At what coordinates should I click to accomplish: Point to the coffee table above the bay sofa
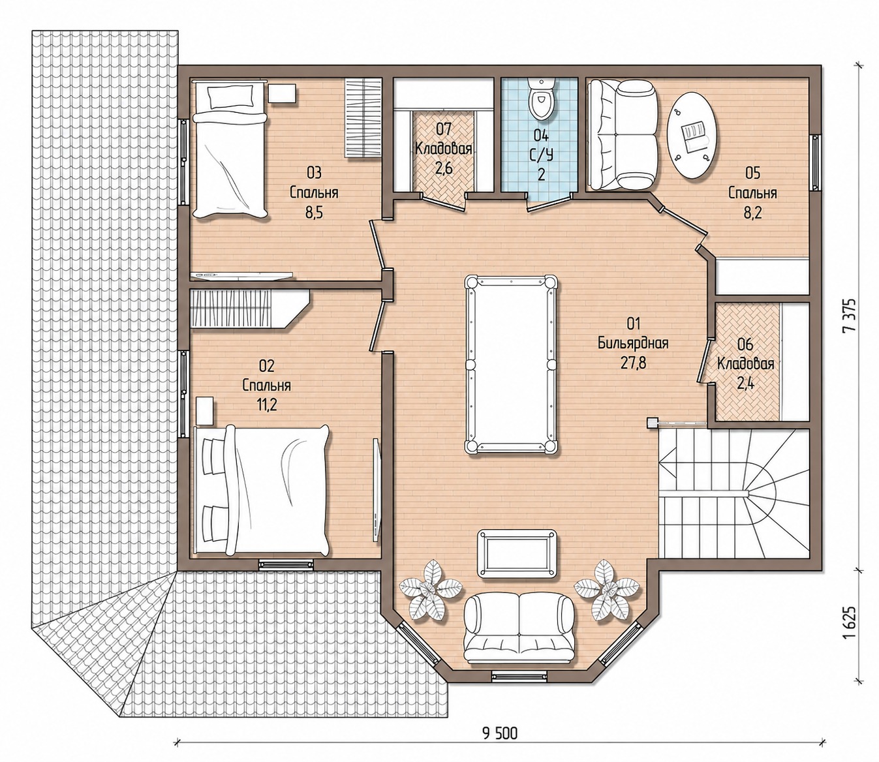pyautogui.click(x=517, y=553)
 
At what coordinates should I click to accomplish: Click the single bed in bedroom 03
pyautogui.click(x=231, y=150)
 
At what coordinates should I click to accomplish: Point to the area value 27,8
pyautogui.click(x=633, y=363)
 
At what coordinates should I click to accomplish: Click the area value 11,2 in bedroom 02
pyautogui.click(x=267, y=404)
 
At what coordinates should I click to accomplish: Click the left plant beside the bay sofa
pyautogui.click(x=430, y=594)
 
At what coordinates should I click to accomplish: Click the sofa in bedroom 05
pyautogui.click(x=622, y=135)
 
